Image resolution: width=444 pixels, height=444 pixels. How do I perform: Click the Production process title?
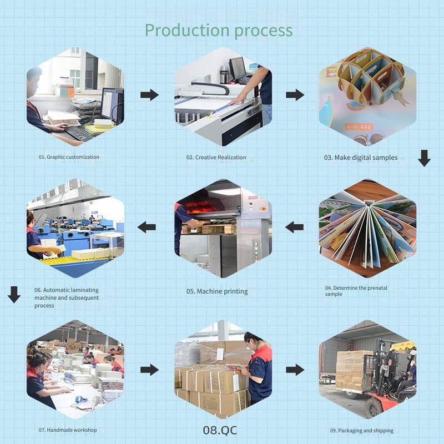tap(219, 30)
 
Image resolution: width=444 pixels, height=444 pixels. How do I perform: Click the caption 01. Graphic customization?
tap(69, 157)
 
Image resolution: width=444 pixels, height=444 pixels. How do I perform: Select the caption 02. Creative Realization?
tap(216, 158)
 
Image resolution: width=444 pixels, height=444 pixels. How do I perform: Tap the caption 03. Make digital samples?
tap(361, 158)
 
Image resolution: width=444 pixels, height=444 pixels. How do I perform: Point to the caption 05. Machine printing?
tap(217, 291)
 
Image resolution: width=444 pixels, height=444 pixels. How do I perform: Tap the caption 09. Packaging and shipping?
tap(361, 431)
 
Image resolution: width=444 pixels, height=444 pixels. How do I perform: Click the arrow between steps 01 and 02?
tap(149, 95)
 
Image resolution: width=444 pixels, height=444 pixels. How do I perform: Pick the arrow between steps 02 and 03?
tap(295, 95)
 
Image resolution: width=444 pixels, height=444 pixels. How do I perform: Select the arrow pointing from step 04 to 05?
tap(295, 226)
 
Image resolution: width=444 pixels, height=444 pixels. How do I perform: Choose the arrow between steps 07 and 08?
tap(149, 370)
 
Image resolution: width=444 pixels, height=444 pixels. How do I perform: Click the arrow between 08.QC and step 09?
tap(295, 370)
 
